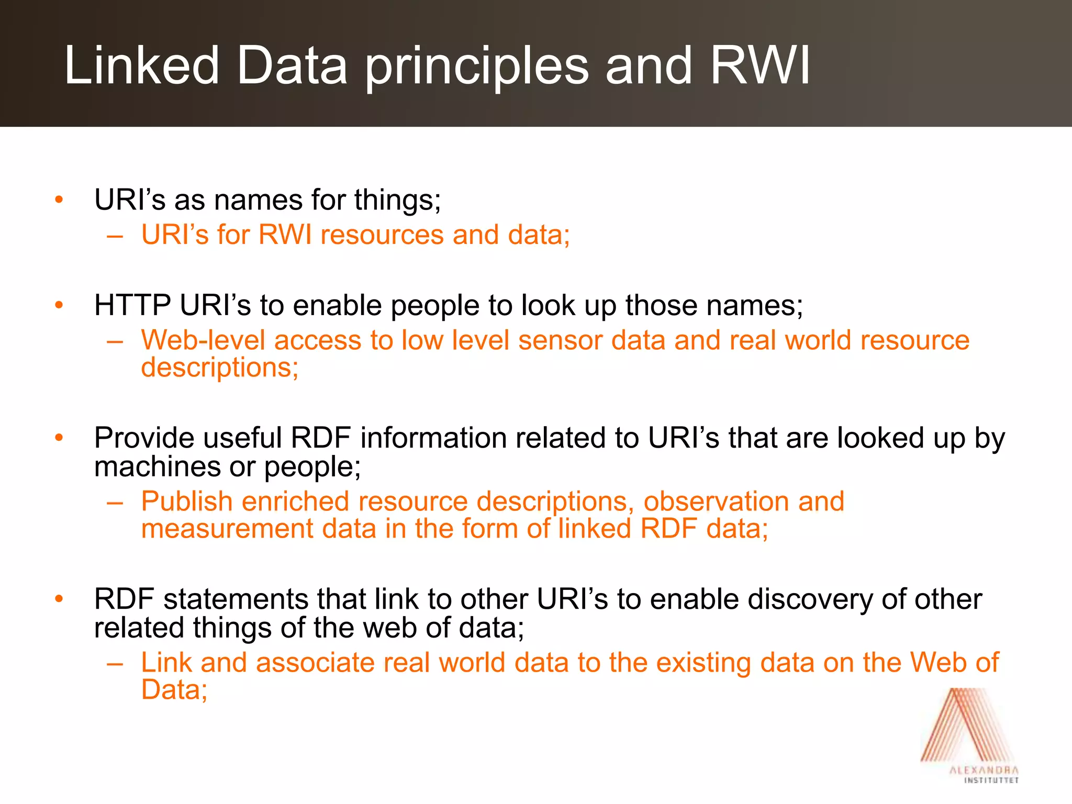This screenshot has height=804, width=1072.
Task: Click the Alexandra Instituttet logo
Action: (969, 735)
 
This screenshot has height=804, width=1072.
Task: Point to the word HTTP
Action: (132, 305)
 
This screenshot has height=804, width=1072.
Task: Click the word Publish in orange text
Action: (187, 501)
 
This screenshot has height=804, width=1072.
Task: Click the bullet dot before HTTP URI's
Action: (59, 305)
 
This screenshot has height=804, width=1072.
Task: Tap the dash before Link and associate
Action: (115, 664)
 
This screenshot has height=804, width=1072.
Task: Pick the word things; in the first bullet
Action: (398, 200)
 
